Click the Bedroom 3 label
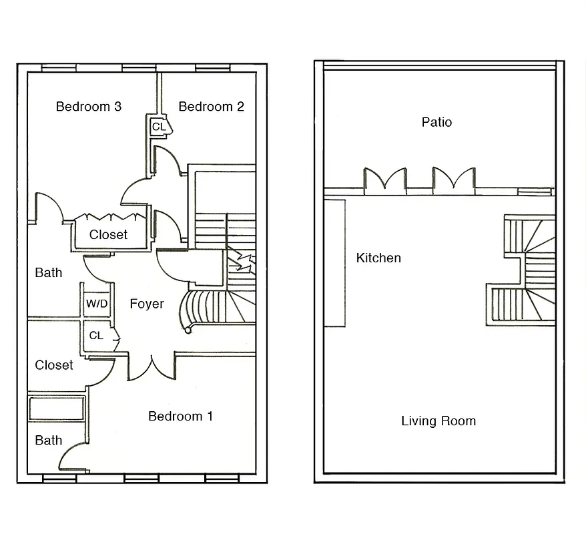(x=88, y=107)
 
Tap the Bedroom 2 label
(x=211, y=107)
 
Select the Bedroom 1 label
(x=180, y=417)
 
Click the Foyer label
(x=147, y=304)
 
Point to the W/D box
(x=96, y=304)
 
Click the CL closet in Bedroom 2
(x=159, y=126)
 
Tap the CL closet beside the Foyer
(x=96, y=336)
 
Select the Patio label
(x=436, y=122)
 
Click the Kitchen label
(x=378, y=258)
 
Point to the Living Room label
(x=438, y=421)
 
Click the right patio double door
(x=454, y=180)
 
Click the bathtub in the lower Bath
(x=56, y=408)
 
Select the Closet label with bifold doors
(x=108, y=235)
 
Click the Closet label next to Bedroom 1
(x=54, y=365)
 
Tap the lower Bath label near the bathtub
(x=48, y=441)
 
